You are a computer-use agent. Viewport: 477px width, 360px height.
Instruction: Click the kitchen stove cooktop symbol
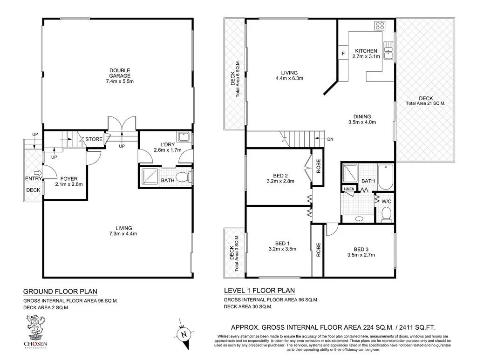(380, 27)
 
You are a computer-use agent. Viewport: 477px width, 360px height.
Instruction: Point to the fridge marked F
(343, 54)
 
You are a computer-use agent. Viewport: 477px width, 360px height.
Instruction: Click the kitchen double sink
(388, 50)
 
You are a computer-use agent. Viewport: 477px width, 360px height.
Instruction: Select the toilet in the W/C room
(386, 213)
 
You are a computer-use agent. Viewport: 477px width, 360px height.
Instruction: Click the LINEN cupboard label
(349, 189)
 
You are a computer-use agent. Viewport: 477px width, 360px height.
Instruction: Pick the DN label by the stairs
(330, 139)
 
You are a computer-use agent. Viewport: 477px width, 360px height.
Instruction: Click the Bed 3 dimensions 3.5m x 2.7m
(361, 255)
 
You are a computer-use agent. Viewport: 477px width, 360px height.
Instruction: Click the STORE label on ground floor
(94, 139)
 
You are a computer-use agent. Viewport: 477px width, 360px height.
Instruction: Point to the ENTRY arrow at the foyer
(37, 173)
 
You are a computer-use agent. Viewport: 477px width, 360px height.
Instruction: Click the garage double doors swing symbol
(122, 123)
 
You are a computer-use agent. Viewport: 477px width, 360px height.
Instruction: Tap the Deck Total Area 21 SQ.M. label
(425, 101)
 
